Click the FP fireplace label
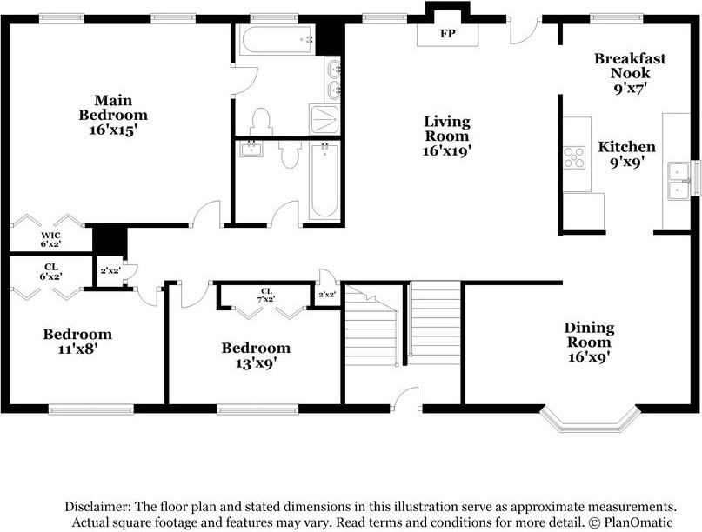point(447,35)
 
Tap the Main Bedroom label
point(113,115)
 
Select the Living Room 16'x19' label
point(446,136)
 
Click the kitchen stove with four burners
point(574,156)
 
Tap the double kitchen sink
point(679,181)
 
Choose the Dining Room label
point(589,342)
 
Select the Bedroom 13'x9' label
point(256,355)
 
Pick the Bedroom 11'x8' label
point(77,342)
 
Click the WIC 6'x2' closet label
point(50,240)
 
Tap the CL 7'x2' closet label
point(266,295)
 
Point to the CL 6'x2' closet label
point(50,272)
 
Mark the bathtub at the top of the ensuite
point(277,39)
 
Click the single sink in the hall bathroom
point(251,150)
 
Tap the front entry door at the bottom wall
point(406,402)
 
